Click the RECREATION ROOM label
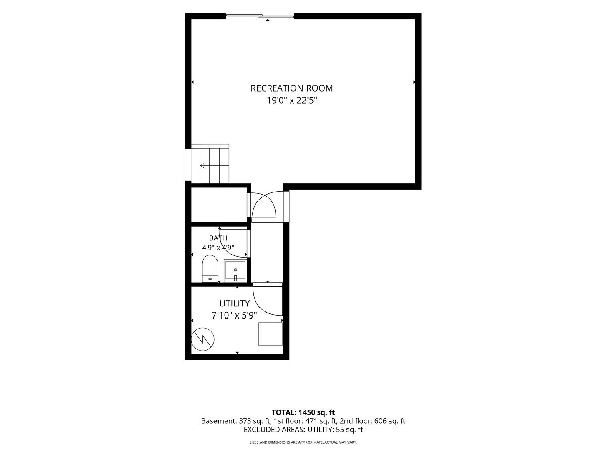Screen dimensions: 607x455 pos(291,88)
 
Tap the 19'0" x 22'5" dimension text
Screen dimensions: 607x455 pos(291,101)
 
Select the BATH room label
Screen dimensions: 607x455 pos(218,238)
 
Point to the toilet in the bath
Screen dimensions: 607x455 pos(210,269)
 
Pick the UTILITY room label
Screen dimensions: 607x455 pos(235,304)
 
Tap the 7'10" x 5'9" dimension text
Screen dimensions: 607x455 pos(235,315)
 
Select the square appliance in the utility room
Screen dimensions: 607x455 pos(271,334)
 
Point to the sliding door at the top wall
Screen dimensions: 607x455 pos(260,16)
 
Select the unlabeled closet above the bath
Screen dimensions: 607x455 pos(219,205)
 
